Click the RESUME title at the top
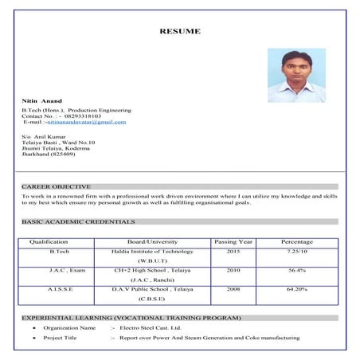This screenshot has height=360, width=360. (x=179, y=32)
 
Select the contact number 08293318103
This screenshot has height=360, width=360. (x=84, y=116)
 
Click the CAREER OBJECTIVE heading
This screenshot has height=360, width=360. (x=56, y=186)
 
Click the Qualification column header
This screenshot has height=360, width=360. (x=49, y=242)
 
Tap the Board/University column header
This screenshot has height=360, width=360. (x=152, y=242)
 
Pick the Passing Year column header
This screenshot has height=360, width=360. (x=233, y=242)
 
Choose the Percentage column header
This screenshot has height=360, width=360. (x=297, y=242)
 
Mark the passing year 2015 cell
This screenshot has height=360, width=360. (x=233, y=252)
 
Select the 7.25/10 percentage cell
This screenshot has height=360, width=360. (x=297, y=252)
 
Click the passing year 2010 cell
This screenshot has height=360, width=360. (x=233, y=271)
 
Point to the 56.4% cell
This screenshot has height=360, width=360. (x=297, y=271)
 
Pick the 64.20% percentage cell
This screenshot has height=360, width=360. (x=297, y=289)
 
